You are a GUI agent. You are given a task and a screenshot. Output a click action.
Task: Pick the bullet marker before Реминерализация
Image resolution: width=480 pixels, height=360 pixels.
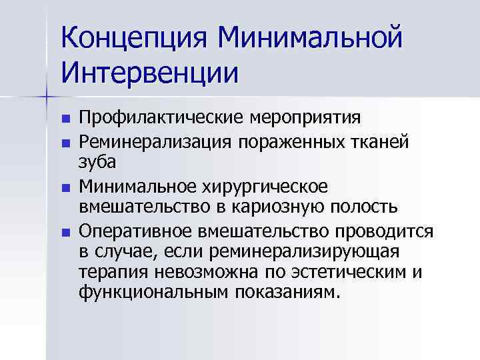(65, 143)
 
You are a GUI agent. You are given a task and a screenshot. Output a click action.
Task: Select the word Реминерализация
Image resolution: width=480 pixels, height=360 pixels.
(155, 141)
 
